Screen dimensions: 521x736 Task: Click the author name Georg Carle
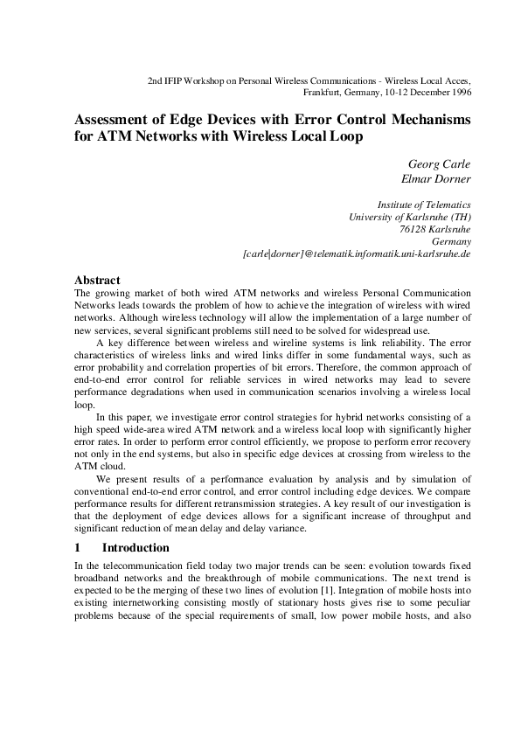point(440,164)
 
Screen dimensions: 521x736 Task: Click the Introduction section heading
point(135,548)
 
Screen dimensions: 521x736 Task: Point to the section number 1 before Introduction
point(78,548)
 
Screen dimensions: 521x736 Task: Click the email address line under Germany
point(357,254)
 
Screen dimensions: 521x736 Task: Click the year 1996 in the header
point(461,91)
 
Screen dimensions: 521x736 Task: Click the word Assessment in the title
point(118,119)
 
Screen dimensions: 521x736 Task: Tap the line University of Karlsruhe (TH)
point(410,216)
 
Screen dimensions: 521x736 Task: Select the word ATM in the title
point(115,136)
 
